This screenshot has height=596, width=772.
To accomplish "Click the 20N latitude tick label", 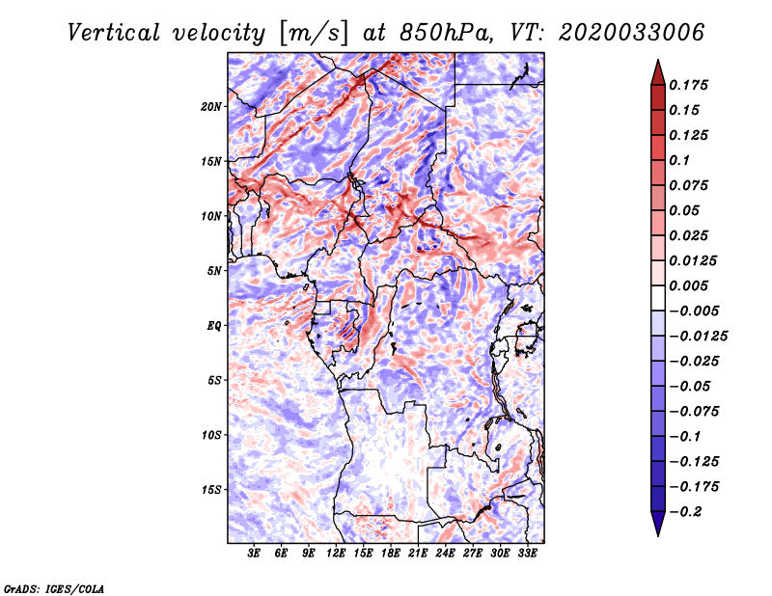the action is (x=211, y=107).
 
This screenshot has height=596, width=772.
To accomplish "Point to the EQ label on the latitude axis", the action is (x=214, y=326).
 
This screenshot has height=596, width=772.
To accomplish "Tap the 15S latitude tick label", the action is (x=212, y=490).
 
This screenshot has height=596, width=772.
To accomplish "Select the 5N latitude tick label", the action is (x=215, y=271).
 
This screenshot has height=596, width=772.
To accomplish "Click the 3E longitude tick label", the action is (x=254, y=554).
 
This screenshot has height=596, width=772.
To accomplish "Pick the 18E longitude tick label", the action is (x=391, y=554).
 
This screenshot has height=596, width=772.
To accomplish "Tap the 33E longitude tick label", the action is (x=527, y=554).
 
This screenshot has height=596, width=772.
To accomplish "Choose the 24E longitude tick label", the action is (x=445, y=554).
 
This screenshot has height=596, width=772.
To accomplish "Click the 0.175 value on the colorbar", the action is (x=688, y=85).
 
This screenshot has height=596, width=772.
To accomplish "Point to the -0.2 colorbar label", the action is (x=685, y=512).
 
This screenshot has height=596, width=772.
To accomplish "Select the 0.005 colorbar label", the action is (x=688, y=285).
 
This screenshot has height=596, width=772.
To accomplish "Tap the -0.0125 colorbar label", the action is (x=698, y=337).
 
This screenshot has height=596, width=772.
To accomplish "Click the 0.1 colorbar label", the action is (x=679, y=160).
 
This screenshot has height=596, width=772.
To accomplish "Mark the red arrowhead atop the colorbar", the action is (x=658, y=73).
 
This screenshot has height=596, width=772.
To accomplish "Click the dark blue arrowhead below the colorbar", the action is (x=658, y=524).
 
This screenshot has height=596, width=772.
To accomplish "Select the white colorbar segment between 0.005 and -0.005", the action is (x=658, y=298).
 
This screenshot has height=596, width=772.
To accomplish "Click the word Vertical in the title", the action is (x=114, y=33).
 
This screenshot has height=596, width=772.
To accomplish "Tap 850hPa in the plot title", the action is (x=446, y=33).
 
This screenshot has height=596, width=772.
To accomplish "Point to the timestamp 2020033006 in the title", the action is (x=632, y=33).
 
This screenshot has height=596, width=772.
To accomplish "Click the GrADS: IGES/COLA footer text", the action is (x=54, y=588).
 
